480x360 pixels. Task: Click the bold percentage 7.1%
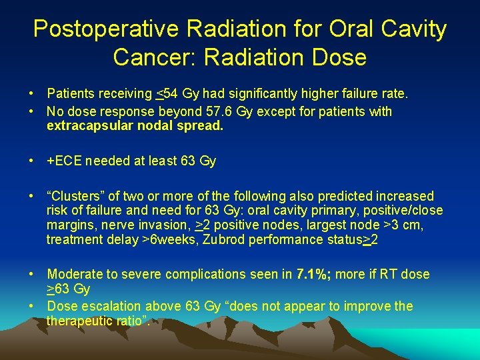tap(313, 274)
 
